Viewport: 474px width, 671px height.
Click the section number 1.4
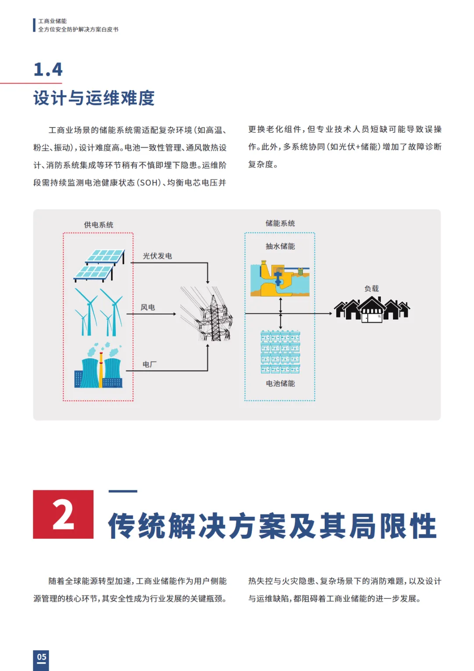point(48,69)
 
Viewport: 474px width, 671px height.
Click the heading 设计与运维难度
point(94,98)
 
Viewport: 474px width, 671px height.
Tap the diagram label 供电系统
point(98,225)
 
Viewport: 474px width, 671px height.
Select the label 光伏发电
point(158,256)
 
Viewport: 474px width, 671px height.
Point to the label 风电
point(148,307)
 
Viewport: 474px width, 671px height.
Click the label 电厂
point(149,364)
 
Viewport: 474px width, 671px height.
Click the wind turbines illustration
point(98,312)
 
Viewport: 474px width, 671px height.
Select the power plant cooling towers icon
point(98,366)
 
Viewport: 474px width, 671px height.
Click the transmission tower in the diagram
point(206,314)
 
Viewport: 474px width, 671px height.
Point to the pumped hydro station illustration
point(280,278)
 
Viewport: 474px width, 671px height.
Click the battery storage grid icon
point(280,352)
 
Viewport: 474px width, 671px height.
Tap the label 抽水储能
point(280,246)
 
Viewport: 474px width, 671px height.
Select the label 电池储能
point(280,384)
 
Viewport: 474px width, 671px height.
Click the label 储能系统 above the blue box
point(280,223)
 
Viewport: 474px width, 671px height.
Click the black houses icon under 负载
point(372,309)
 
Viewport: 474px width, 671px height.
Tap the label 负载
point(372,288)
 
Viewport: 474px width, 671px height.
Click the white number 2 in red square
point(63,515)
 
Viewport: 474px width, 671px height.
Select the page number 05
point(42,657)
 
